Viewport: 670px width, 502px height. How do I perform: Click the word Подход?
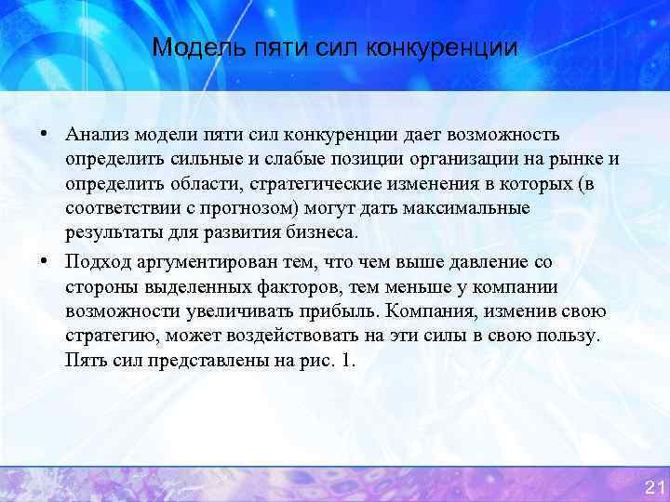point(97,263)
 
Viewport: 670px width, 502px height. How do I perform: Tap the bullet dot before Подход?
point(44,261)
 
